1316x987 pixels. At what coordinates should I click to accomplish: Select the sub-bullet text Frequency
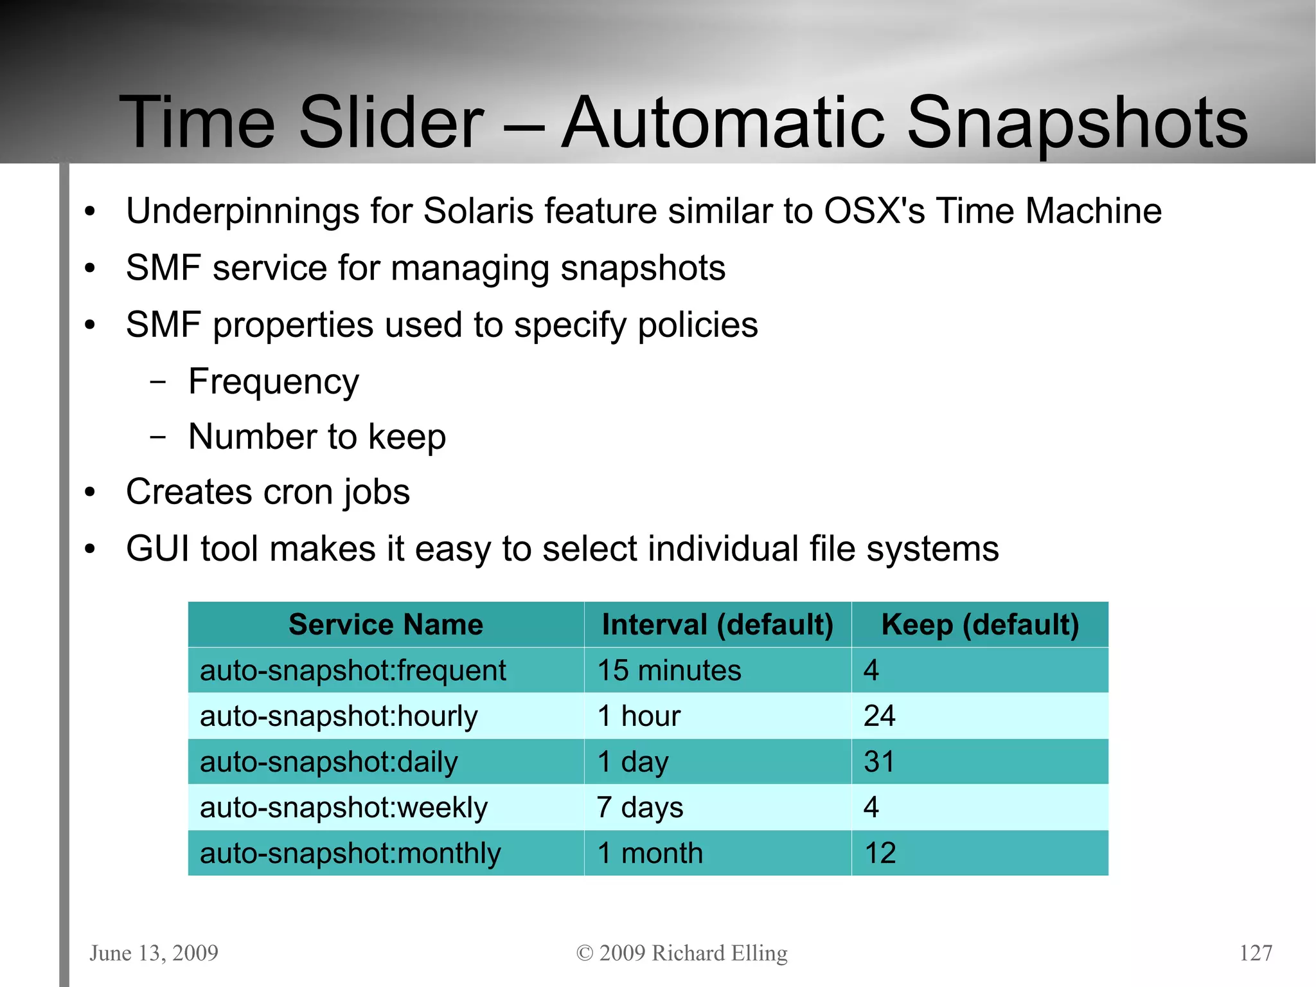pos(273,381)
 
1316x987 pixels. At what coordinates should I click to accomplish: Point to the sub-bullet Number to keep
pos(317,437)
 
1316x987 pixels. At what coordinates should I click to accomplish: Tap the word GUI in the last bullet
pos(157,548)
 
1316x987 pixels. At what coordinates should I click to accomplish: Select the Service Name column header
pos(386,624)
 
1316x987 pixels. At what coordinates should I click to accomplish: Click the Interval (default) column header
pos(717,624)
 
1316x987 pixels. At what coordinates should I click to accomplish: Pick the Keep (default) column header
pos(980,624)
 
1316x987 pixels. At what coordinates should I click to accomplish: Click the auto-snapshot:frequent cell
pos(353,671)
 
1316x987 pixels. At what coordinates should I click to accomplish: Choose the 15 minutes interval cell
pos(669,671)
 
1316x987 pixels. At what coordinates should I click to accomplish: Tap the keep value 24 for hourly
pos(879,716)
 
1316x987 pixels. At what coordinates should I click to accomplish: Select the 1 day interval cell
pos(633,762)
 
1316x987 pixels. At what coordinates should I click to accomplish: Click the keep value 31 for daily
pos(879,762)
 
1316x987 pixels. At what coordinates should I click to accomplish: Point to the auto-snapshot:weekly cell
pos(344,808)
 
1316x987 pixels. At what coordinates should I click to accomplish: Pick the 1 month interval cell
pos(650,853)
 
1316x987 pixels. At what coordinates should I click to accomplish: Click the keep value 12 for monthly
pos(880,853)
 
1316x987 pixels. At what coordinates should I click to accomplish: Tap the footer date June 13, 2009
pos(154,952)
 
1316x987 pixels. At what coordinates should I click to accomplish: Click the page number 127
pos(1256,952)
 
